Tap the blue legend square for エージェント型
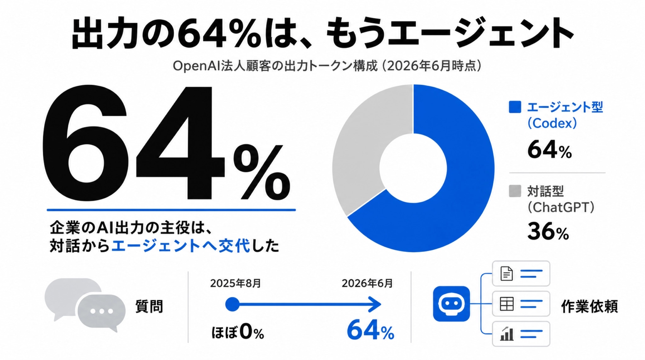click(x=515, y=107)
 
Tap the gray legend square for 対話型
click(x=515, y=191)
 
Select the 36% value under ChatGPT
click(x=548, y=231)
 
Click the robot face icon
click(x=451, y=304)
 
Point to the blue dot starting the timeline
click(x=232, y=304)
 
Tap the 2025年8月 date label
click(x=236, y=283)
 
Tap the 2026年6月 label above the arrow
click(x=367, y=283)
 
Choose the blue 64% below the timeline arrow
click(x=370, y=330)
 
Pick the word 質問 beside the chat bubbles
click(x=149, y=306)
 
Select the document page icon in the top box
click(x=506, y=273)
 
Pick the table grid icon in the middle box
click(x=507, y=304)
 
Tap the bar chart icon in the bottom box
click(x=507, y=334)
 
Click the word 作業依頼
click(x=590, y=306)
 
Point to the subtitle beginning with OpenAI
click(x=327, y=66)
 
